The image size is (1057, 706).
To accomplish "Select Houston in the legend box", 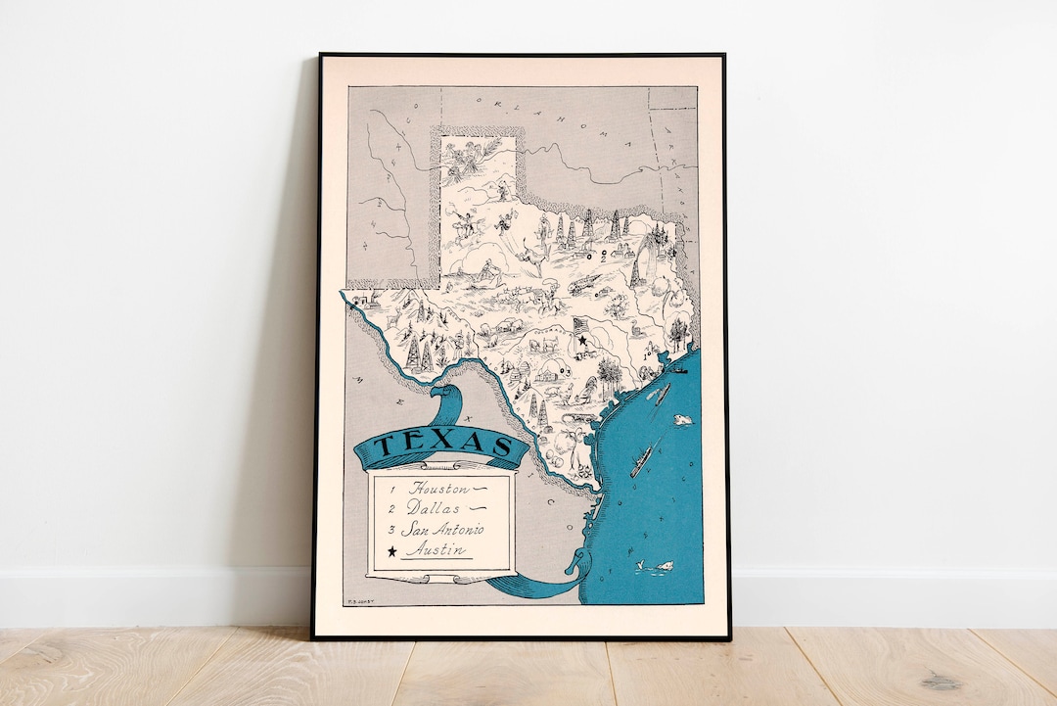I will tap(438, 488).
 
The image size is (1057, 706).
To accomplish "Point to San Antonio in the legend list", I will tap(445, 530).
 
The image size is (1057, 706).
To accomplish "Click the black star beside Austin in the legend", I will tap(392, 552).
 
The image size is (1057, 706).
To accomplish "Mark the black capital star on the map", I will tap(581, 341).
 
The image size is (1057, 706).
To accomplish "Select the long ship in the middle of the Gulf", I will tap(642, 460).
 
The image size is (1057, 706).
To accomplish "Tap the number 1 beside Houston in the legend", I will tap(391, 488).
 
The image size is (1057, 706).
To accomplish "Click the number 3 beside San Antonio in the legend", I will tap(391, 530).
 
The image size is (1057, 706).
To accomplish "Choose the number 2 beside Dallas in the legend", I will tap(391, 509).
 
